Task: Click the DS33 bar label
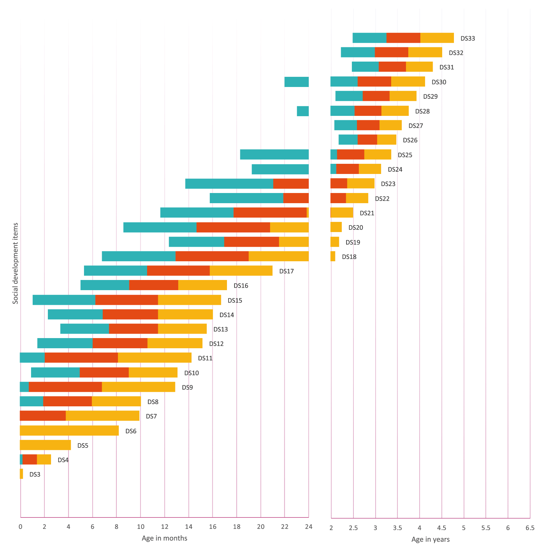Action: click(x=468, y=38)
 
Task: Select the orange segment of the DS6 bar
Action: click(x=69, y=430)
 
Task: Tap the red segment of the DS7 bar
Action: click(x=43, y=416)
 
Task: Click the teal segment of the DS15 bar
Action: click(x=64, y=300)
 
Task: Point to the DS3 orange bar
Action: click(x=21, y=474)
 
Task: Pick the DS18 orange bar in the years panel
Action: click(x=333, y=256)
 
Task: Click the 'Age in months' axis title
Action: click(x=164, y=538)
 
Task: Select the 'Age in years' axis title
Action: click(x=430, y=539)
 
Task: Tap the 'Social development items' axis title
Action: click(x=15, y=263)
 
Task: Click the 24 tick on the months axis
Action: click(x=308, y=527)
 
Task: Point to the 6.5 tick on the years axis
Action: click(x=530, y=528)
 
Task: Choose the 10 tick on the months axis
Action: click(x=140, y=527)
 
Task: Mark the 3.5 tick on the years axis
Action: click(x=397, y=528)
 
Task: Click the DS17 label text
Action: click(x=286, y=271)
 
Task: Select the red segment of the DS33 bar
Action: click(x=403, y=38)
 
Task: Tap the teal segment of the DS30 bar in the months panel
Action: click(x=296, y=82)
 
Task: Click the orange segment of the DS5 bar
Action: click(x=45, y=445)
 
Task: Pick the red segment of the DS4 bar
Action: click(x=30, y=459)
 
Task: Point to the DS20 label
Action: click(x=355, y=228)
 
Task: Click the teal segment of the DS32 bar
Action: click(x=358, y=52)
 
